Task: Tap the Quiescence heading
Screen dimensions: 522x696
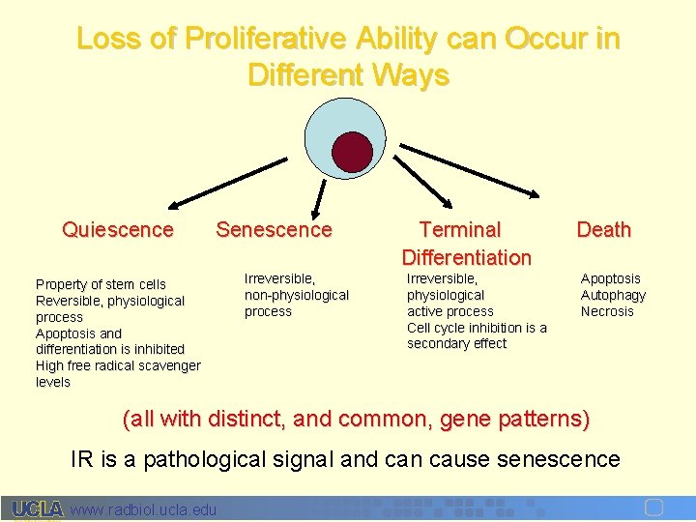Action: (x=118, y=230)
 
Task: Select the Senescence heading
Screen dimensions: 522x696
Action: (x=274, y=230)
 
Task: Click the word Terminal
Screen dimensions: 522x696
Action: (x=460, y=230)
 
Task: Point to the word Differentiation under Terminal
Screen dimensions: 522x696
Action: (x=466, y=257)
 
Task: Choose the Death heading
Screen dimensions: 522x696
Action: (x=603, y=230)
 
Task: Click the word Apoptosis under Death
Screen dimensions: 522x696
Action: (x=610, y=278)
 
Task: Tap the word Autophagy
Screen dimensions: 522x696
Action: (x=613, y=295)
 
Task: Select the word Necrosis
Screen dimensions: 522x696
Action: (x=607, y=311)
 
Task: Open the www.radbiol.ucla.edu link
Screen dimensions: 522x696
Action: (x=144, y=509)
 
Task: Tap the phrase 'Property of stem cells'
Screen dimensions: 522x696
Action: (x=101, y=284)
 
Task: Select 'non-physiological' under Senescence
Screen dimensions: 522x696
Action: (x=297, y=295)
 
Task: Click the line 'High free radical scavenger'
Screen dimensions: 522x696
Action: (x=118, y=365)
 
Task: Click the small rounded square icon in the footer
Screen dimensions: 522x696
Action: (x=652, y=507)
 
